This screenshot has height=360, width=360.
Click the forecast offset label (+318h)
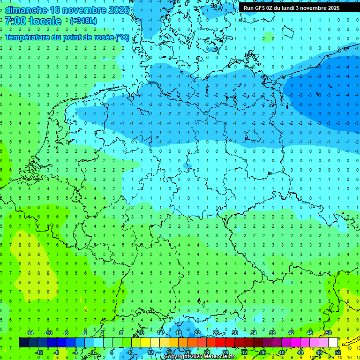pyautogui.click(x=83, y=21)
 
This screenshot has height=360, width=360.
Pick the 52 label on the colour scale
pyautogui.click(x=338, y=352)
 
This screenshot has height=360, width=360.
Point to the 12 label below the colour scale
pyautogui.click(x=150, y=352)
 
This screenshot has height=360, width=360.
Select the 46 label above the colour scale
pyautogui.click(x=310, y=333)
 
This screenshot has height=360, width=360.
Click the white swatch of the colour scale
pyautogui.click(x=333, y=343)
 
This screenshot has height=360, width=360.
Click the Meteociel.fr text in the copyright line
pyautogui.click(x=219, y=357)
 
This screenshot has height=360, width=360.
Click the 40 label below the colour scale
pyautogui.click(x=282, y=352)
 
